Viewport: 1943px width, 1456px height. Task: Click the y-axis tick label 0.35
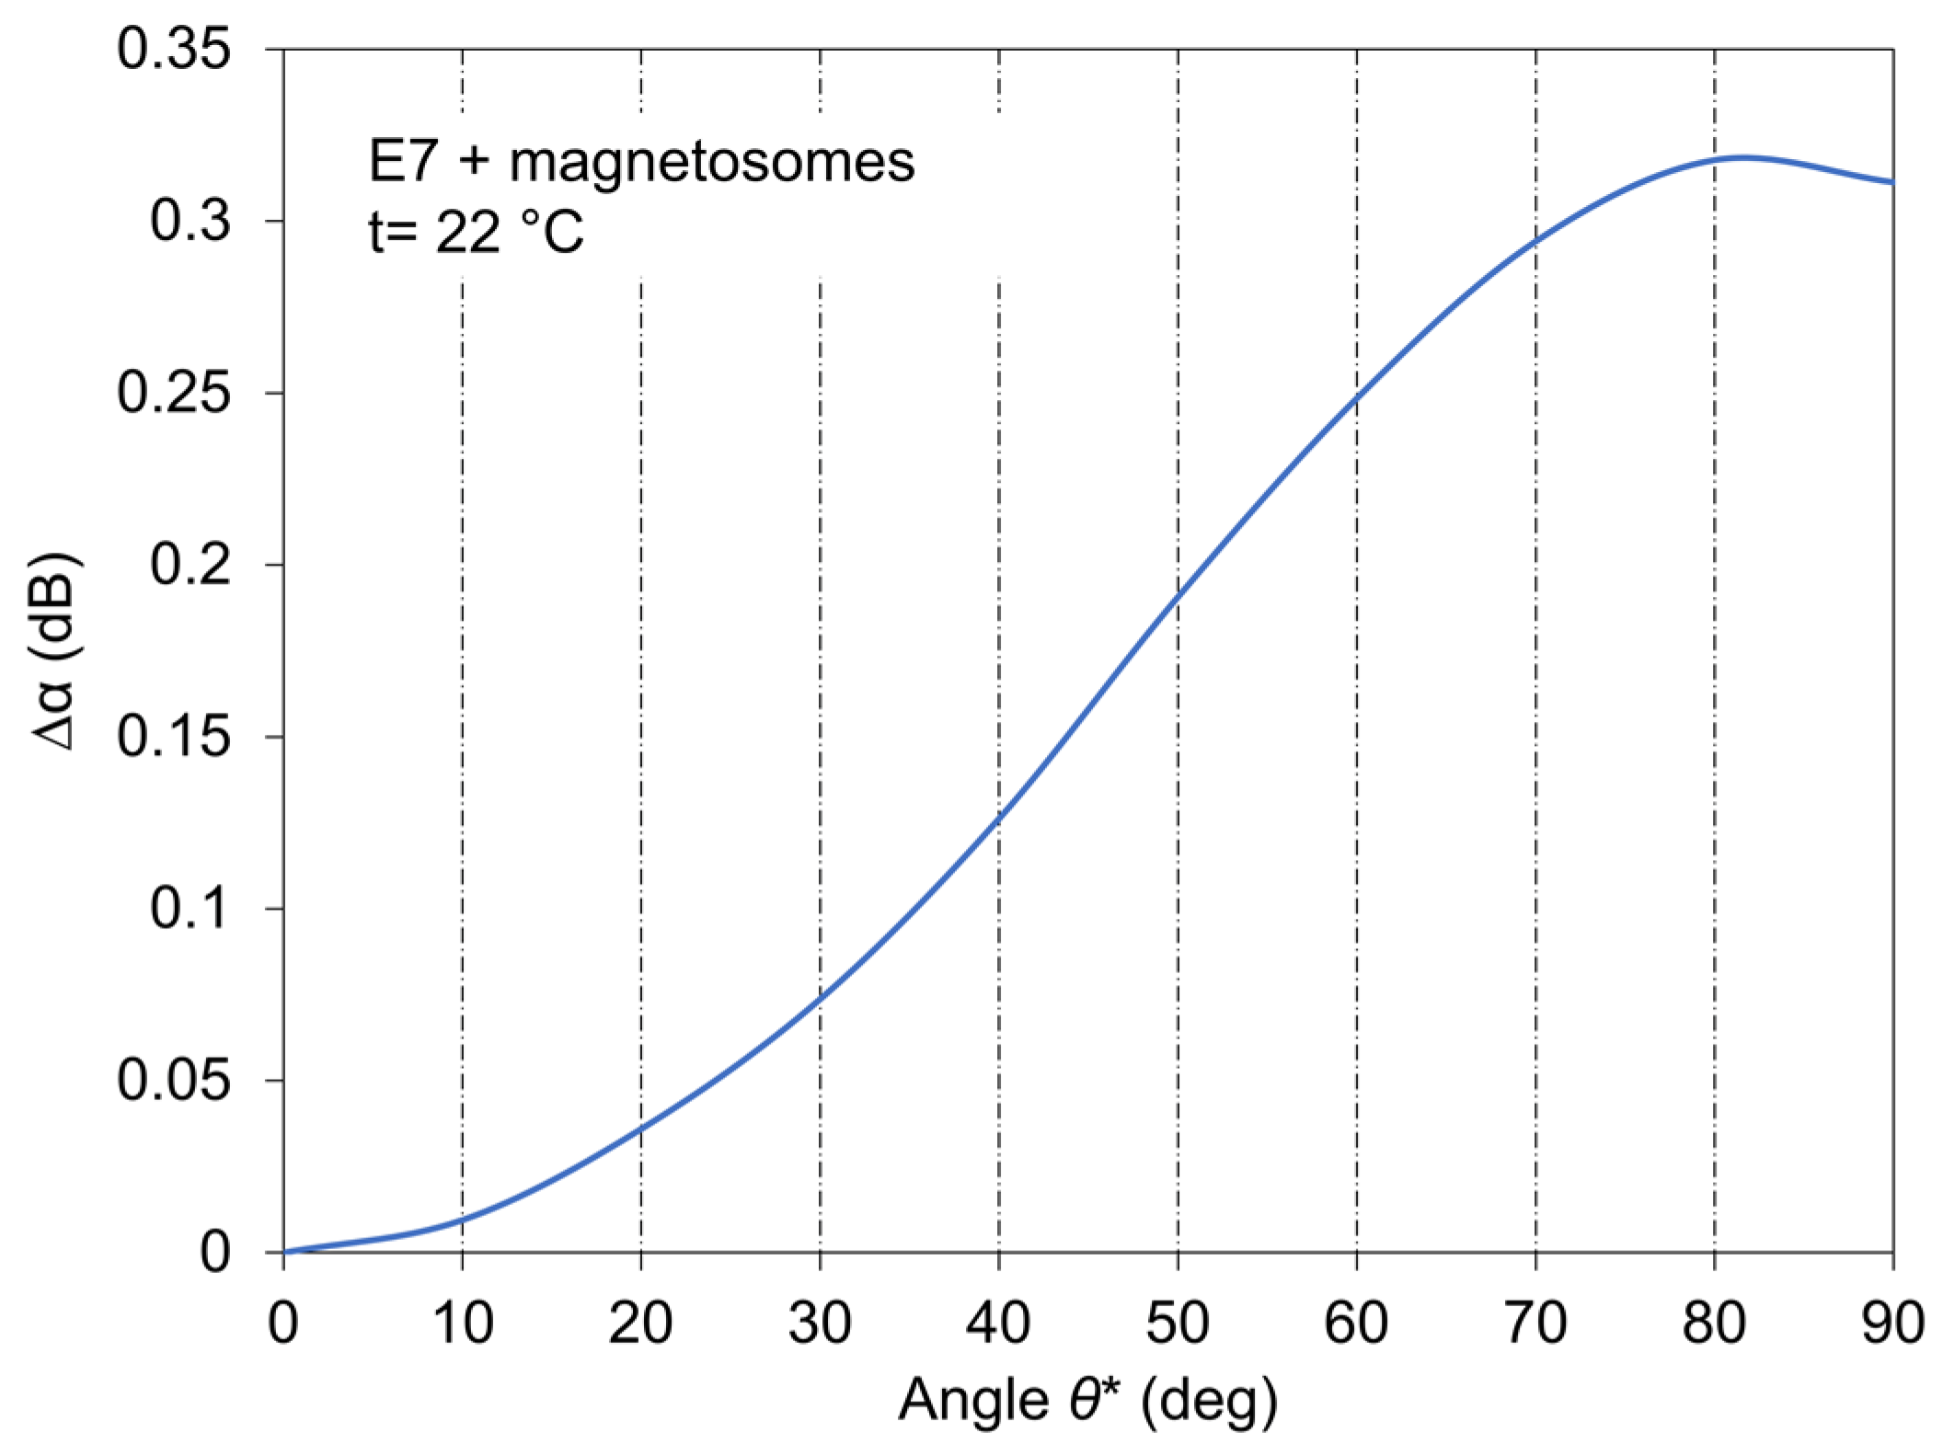[x=173, y=49]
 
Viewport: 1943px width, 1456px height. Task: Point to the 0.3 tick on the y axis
[x=190, y=221]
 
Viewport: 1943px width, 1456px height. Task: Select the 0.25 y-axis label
[x=173, y=393]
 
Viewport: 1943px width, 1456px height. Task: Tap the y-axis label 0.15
[x=173, y=737]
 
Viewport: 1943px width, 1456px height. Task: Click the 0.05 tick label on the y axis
[x=173, y=1080]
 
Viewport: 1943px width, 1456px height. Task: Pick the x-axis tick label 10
[x=462, y=1324]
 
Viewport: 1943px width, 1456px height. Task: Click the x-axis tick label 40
[x=998, y=1324]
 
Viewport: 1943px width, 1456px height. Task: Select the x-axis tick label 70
[x=1535, y=1324]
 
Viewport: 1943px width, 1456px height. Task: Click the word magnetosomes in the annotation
[x=712, y=162]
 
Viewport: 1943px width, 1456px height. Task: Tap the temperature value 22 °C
[x=509, y=232]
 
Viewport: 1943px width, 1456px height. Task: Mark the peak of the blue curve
[x=1742, y=157]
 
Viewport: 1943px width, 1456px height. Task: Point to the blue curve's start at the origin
[x=284, y=1252]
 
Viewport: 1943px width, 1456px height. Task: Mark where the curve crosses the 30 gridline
[x=820, y=999]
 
